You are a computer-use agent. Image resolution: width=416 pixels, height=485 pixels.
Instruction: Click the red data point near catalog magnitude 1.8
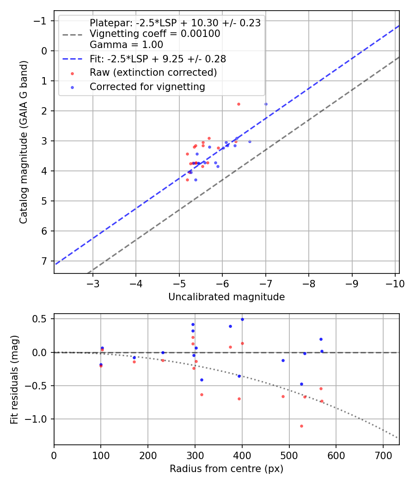coord(239,104)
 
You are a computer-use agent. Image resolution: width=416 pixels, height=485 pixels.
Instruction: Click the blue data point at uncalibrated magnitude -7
coord(266,104)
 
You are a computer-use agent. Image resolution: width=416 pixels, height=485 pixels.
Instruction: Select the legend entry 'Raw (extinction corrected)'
coord(153,73)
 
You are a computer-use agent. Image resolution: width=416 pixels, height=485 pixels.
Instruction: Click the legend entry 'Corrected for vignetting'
coord(147,86)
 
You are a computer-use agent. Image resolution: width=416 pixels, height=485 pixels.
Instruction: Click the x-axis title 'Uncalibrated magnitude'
coord(226,297)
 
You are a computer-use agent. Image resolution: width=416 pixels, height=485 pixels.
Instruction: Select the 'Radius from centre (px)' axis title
coord(226,469)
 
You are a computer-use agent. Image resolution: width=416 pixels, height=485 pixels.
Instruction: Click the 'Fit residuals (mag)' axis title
coord(14,379)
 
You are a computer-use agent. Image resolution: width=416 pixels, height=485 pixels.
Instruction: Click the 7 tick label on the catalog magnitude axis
coord(43,261)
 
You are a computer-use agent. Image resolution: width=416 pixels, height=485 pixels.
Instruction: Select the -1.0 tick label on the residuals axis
coord(38,419)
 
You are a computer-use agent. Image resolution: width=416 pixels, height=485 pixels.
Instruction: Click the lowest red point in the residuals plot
coord(301,426)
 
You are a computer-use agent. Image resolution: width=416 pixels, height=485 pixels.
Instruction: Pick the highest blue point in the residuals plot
coord(242,319)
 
